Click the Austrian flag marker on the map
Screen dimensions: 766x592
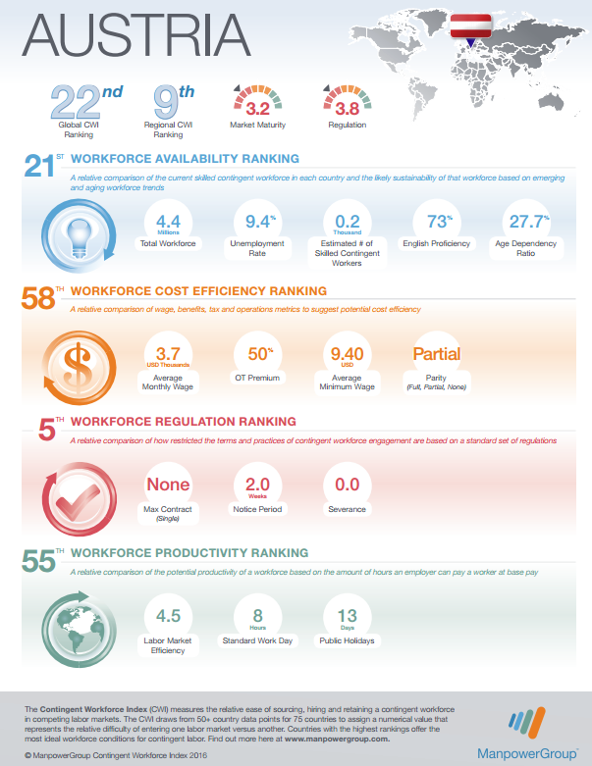coord(470,28)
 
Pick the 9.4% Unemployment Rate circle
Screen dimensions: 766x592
coord(259,227)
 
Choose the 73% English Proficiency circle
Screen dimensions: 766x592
coord(435,227)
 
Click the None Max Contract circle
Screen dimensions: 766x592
coord(168,487)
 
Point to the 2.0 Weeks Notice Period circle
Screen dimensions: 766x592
coord(256,487)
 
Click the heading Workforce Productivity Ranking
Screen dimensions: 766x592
coord(189,553)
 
